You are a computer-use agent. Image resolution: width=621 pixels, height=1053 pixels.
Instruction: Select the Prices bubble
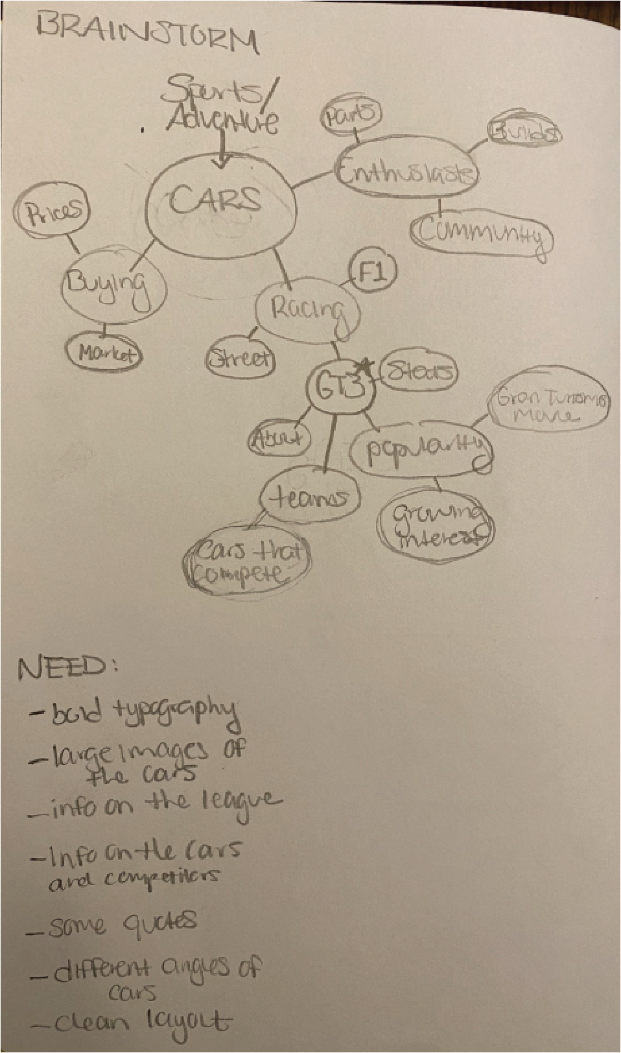click(53, 211)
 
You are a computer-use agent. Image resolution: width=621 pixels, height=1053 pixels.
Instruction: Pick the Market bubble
click(105, 353)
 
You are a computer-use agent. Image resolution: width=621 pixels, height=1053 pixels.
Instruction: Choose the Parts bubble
click(351, 115)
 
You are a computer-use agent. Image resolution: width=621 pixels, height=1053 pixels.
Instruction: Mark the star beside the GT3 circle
click(364, 367)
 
